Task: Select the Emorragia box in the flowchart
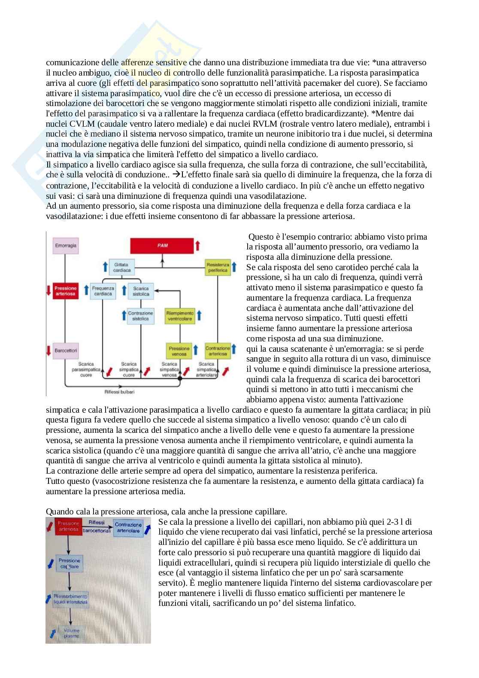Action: [66, 245]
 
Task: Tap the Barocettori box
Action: [66, 350]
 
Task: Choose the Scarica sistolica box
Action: [141, 291]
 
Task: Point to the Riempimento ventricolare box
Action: [179, 316]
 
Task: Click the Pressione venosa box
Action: [179, 351]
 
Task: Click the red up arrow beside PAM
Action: [197, 246]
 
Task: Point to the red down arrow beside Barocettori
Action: [49, 350]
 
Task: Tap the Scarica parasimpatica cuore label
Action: [86, 369]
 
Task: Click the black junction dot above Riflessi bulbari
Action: [180, 379]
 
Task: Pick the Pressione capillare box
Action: [70, 563]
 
